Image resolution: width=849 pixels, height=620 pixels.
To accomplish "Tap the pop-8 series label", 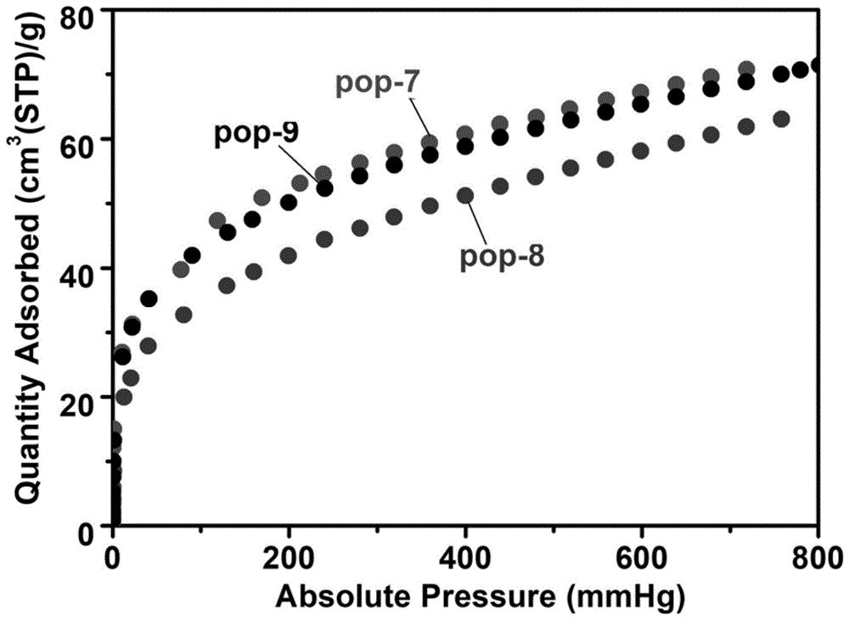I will click(x=501, y=255).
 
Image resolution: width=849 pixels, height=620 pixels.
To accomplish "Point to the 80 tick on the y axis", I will click(x=84, y=12).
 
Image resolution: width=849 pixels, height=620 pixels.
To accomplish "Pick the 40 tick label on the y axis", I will click(x=84, y=268).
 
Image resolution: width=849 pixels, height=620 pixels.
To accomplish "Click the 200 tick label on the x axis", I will click(x=289, y=558).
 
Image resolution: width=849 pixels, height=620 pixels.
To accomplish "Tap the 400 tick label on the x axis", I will click(x=465, y=558).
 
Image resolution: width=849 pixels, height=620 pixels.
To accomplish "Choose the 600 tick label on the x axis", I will click(x=642, y=558).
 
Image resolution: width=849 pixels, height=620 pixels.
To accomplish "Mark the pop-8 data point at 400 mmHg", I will click(x=465, y=195).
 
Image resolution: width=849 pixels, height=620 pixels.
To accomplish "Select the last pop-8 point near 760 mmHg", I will click(x=782, y=119).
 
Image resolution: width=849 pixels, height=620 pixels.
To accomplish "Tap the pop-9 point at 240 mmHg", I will click(x=324, y=188).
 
